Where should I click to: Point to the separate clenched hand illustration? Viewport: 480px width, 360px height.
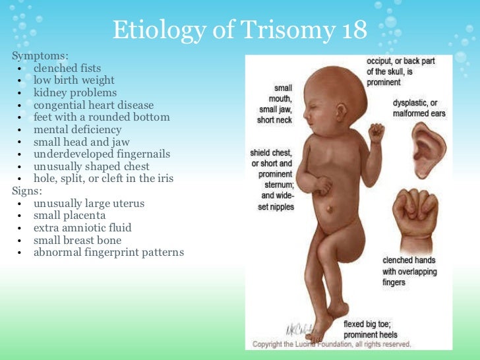[x=415, y=215]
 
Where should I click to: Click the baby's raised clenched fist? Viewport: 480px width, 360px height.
[x=377, y=133]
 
